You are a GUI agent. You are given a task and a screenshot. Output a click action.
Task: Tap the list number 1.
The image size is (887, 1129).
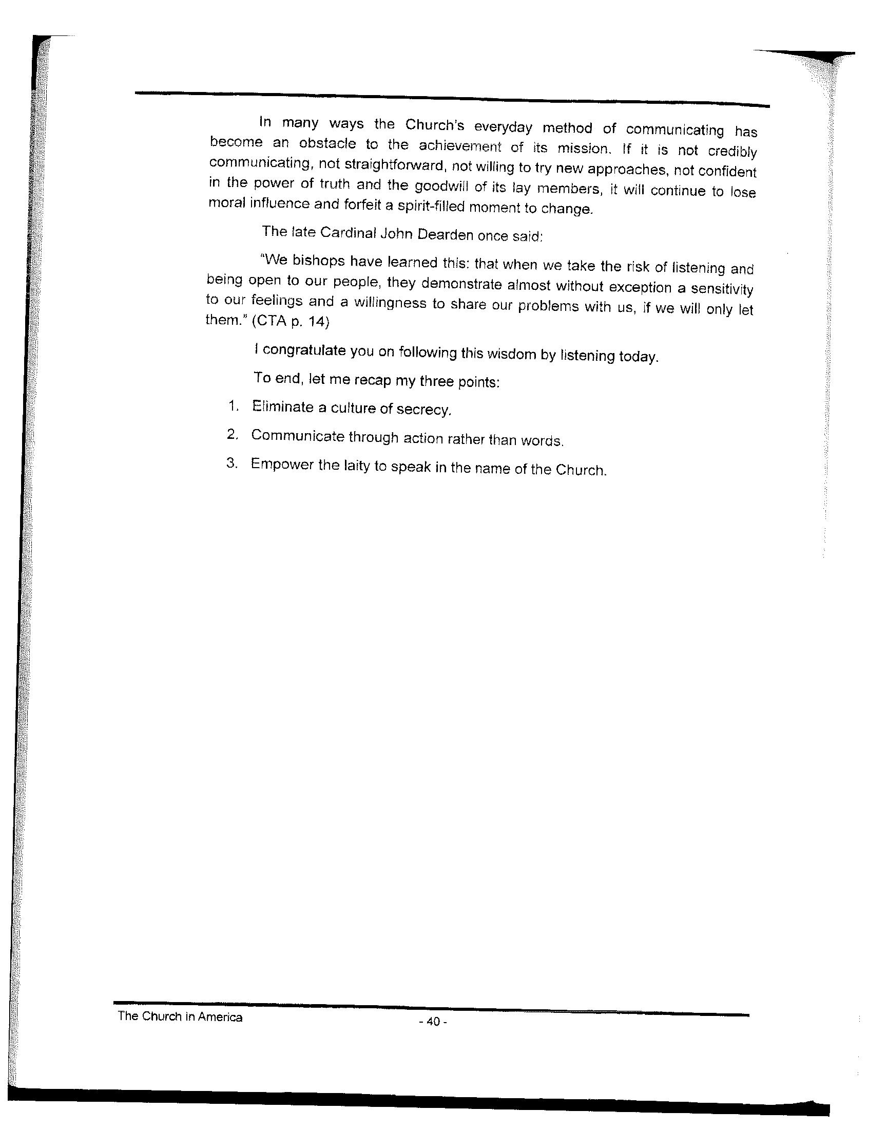tap(233, 406)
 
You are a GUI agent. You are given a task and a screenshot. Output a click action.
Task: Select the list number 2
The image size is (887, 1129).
tap(232, 434)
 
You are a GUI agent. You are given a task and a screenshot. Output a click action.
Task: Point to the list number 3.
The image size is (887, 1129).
tap(232, 462)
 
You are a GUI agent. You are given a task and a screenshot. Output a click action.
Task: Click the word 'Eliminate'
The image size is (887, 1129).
tap(282, 407)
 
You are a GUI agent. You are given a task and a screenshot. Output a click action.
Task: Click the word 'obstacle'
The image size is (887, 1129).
tap(327, 144)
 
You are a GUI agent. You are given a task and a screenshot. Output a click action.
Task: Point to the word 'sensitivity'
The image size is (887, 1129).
tap(722, 289)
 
